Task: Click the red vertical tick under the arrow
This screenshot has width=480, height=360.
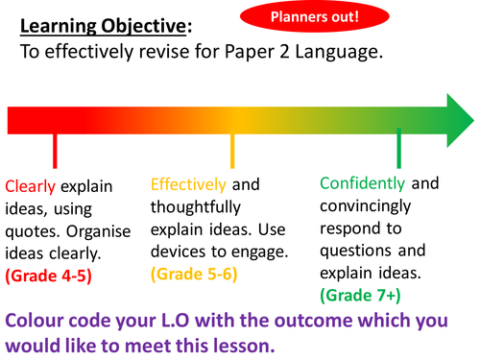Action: pos(55,151)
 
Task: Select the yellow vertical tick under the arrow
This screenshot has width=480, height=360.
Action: pos(232,151)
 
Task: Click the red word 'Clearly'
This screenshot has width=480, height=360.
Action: pos(30,187)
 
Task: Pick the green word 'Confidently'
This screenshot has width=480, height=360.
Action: pos(364,183)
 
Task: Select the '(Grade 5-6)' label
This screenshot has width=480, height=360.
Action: pos(195,274)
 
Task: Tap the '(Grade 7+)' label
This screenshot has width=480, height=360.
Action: pos(360,293)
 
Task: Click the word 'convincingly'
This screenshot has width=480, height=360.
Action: pos(371,205)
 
